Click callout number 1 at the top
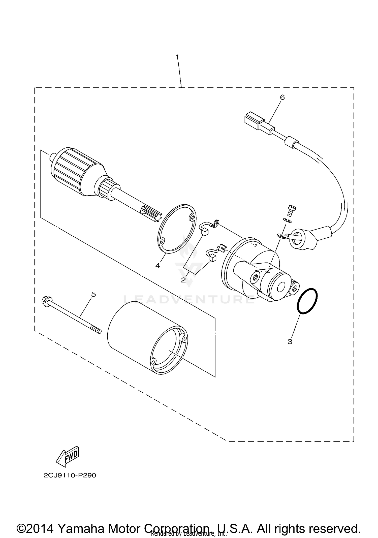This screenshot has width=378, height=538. [x=177, y=57]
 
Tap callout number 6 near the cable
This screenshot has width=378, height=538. [x=282, y=97]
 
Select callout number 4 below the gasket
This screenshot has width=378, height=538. [x=158, y=266]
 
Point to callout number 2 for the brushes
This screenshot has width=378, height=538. [x=183, y=280]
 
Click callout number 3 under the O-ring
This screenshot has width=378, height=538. [x=290, y=342]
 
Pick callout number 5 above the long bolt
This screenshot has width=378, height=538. [x=93, y=294]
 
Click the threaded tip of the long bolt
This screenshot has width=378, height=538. [x=97, y=330]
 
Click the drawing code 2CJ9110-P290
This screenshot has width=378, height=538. [x=70, y=476]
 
